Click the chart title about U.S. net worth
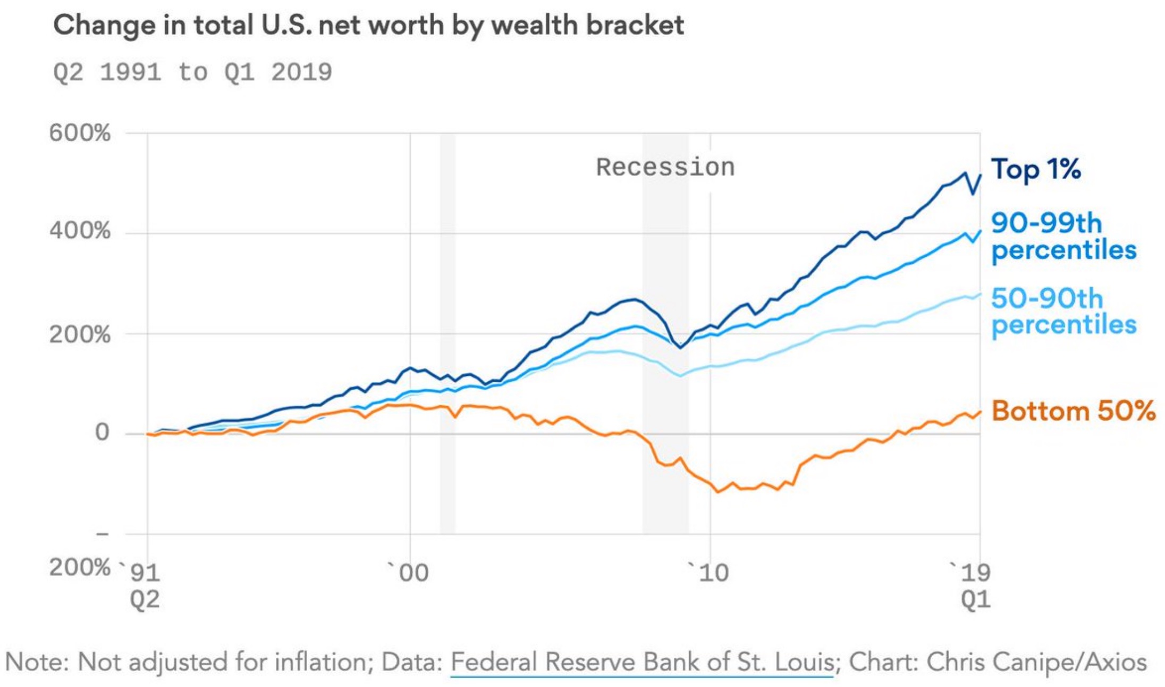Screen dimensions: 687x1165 (x=368, y=25)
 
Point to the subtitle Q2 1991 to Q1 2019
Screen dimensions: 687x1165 (x=192, y=72)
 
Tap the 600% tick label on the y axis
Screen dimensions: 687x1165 (x=80, y=132)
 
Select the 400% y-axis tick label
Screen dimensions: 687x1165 (x=80, y=231)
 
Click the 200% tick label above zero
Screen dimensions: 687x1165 (x=80, y=334)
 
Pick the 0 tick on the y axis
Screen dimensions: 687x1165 (x=102, y=432)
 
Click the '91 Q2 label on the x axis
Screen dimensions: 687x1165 (x=144, y=585)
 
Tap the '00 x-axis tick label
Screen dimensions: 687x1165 (x=409, y=573)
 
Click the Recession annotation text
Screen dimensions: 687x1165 (x=665, y=167)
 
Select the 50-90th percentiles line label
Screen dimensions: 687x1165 (x=1063, y=312)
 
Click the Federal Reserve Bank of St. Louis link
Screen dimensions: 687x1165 (x=642, y=663)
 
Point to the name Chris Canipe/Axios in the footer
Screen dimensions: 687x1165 (x=1036, y=663)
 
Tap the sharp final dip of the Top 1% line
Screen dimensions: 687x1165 (x=973, y=194)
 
